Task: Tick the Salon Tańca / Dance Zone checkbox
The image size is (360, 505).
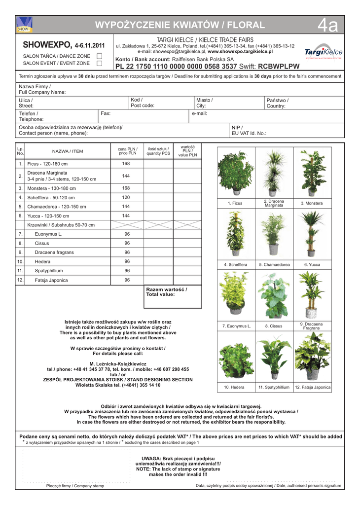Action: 99,56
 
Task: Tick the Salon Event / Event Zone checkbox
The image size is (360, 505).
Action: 99,63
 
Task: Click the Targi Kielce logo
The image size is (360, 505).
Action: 324,52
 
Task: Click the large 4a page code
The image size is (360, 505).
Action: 327,26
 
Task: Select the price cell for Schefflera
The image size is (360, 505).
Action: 126,197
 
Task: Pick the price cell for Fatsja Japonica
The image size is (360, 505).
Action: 126,280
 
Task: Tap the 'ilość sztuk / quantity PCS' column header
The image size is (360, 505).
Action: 158,151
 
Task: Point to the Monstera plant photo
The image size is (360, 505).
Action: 313,173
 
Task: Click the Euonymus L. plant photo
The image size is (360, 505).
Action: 236,295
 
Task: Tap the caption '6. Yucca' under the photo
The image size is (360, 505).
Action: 312,265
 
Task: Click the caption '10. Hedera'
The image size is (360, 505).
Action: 234,388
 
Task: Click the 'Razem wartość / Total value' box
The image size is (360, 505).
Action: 172,296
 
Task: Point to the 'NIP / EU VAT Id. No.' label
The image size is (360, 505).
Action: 249,130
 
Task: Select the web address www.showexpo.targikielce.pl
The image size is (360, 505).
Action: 240,51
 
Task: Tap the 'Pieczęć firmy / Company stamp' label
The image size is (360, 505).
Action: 75,486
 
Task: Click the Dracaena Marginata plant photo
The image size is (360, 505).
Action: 274,173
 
